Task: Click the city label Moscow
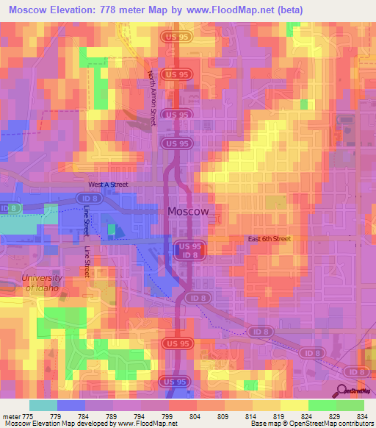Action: tap(189, 211)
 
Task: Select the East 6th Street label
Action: tap(269, 239)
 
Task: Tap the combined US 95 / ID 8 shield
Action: tap(189, 250)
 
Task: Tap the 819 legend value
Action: tap(278, 415)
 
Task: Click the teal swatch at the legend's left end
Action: tap(43, 405)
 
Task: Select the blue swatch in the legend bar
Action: tap(71, 405)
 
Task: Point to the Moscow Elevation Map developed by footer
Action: tap(66, 424)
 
